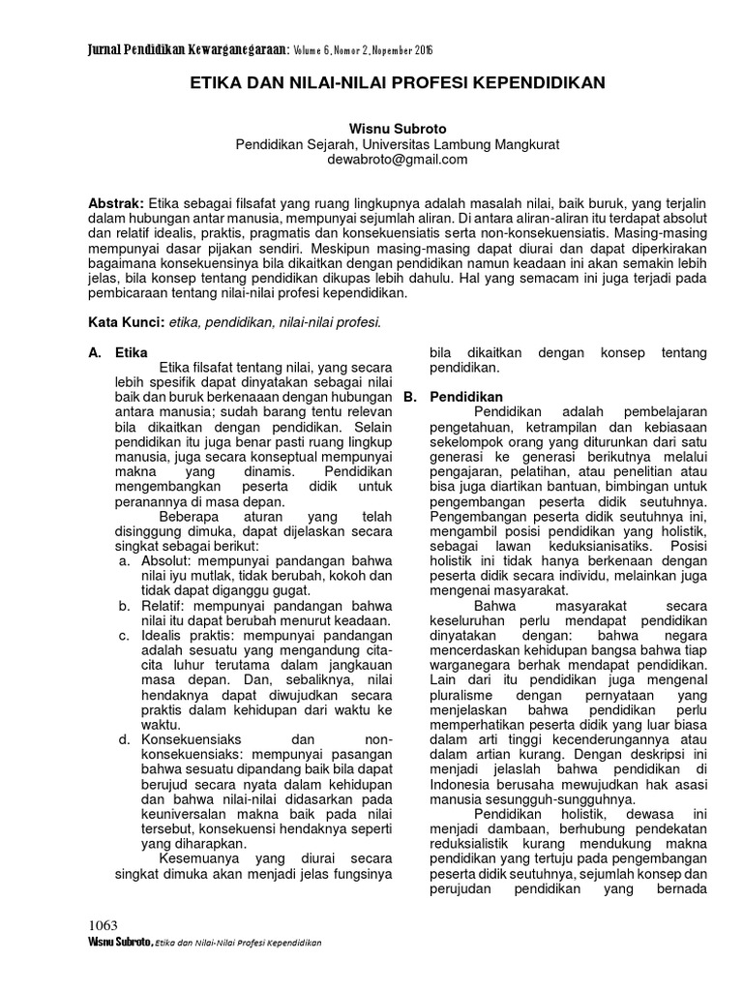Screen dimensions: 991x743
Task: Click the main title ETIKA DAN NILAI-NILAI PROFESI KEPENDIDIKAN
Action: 398,83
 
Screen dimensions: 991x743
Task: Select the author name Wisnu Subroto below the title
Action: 398,129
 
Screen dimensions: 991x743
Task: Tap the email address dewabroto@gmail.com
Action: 398,160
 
